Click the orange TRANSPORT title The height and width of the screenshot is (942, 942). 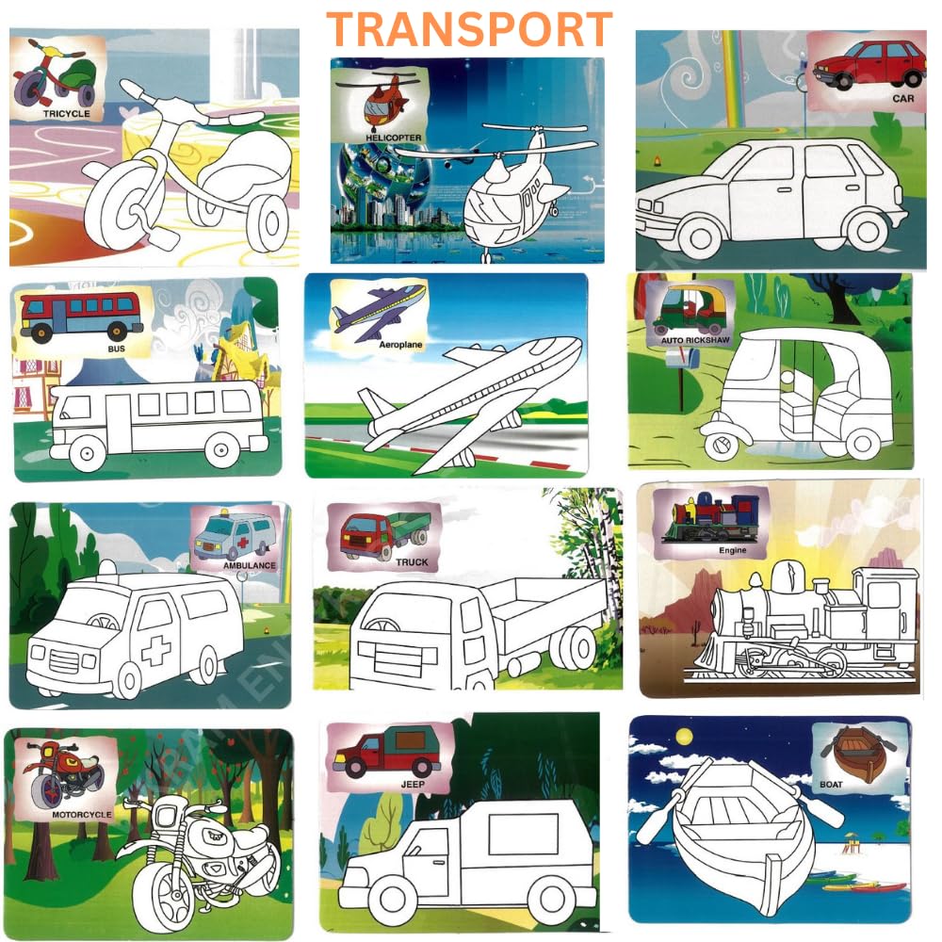click(469, 29)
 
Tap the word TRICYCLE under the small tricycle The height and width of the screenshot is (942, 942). click(67, 114)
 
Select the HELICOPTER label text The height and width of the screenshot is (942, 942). click(394, 138)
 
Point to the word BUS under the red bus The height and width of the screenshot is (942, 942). click(116, 349)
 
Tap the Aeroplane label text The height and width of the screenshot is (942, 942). click(400, 345)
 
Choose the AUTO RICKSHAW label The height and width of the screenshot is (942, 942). click(695, 340)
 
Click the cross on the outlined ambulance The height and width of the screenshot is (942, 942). click(155, 649)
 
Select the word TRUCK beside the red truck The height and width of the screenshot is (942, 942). click(413, 562)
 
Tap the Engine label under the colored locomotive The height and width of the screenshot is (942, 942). click(732, 550)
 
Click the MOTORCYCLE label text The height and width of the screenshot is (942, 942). click(82, 815)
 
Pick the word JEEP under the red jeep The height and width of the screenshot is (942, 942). click(413, 784)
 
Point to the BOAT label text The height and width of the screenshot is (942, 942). click(831, 784)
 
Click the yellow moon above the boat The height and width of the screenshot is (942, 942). click(684, 737)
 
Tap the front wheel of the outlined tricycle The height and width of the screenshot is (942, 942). click(123, 206)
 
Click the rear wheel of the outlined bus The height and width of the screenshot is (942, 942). click(221, 449)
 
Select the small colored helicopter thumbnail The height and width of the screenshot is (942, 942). click(381, 101)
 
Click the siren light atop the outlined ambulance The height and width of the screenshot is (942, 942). click(108, 568)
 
